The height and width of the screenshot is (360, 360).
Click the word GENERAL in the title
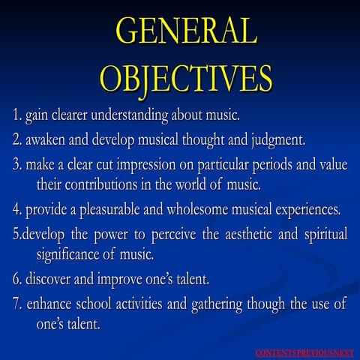[x=187, y=31]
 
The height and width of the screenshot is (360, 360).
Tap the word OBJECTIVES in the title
[x=186, y=79]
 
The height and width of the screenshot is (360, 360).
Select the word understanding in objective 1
[x=130, y=115]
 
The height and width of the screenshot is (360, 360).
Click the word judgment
[x=278, y=140]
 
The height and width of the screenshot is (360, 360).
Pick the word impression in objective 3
[x=146, y=166]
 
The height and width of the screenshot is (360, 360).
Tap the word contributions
[x=100, y=184]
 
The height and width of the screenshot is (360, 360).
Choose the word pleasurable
[x=109, y=209]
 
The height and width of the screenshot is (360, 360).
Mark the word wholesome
[x=197, y=209]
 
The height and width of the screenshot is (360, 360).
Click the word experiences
[x=308, y=210]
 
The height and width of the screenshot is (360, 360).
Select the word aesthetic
[x=248, y=235]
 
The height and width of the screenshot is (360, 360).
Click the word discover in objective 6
[x=48, y=279]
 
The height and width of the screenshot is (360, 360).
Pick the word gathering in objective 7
[x=217, y=304]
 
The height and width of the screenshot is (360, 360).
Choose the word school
[x=94, y=304]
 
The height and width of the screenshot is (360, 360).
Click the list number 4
[x=17, y=210]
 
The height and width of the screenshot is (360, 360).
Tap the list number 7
[x=17, y=304]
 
